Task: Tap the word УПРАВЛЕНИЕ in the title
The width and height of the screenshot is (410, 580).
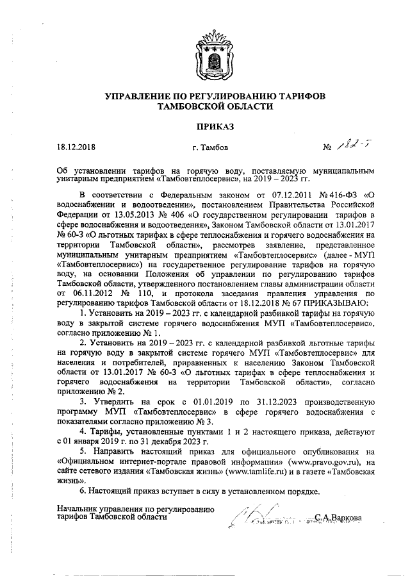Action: pos(140,95)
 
